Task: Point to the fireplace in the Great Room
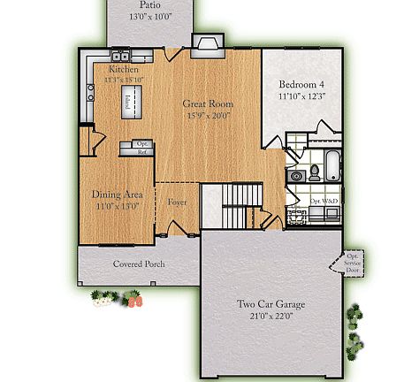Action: (x=209, y=45)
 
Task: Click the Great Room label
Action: (x=207, y=103)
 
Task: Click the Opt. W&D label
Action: (x=324, y=201)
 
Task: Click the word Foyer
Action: (x=177, y=202)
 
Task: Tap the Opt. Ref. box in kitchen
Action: (x=141, y=148)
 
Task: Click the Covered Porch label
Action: (x=139, y=264)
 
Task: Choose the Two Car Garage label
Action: (x=270, y=305)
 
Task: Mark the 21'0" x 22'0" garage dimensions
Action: (x=270, y=316)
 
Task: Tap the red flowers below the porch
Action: (x=135, y=302)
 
